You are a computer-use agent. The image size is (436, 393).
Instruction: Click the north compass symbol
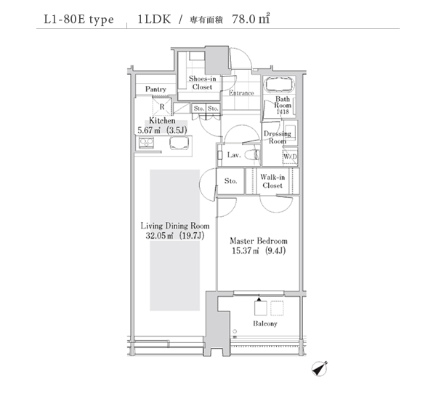coord(319,368)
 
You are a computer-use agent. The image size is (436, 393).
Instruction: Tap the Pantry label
coord(156,89)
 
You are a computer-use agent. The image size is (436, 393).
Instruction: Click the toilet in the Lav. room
coord(252,155)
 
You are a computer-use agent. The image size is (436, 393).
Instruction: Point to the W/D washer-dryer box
coord(290,156)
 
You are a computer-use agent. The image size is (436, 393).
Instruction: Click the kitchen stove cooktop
coord(146,143)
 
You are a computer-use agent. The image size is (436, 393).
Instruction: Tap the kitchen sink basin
coord(179,143)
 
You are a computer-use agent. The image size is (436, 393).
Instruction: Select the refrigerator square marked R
coord(161,107)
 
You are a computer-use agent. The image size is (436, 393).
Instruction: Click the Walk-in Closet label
coord(272,181)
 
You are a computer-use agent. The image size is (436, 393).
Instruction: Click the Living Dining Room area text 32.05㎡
coord(160,236)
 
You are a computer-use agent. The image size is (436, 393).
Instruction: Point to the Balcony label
coord(265,324)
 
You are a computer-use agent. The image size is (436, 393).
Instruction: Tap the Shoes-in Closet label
coord(203,83)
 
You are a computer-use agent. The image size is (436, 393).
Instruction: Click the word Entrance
coord(241,93)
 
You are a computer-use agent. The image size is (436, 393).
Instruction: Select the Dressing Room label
coord(278,138)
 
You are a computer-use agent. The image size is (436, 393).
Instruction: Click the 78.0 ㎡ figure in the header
coord(251,19)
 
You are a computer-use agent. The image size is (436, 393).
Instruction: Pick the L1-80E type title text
coord(79,19)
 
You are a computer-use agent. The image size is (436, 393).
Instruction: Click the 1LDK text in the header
coord(154,19)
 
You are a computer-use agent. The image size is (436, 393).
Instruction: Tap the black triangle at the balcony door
coord(259,299)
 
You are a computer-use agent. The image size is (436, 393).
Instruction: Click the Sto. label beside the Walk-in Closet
coord(231,180)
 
